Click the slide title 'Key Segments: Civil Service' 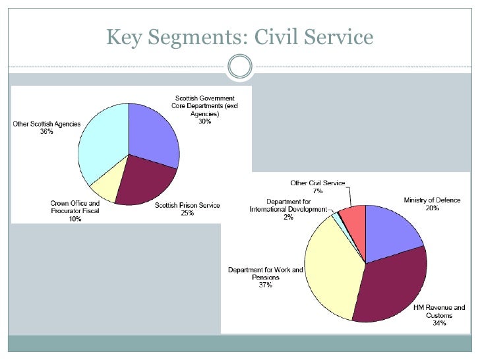[240, 37]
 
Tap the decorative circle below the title [240, 67]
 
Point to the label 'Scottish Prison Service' [187, 205]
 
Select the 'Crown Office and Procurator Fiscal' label [75, 208]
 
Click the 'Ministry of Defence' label [432, 200]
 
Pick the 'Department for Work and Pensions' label [266, 274]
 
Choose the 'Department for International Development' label [289, 205]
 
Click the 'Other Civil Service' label [318, 183]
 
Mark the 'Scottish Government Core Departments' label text [209, 106]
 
